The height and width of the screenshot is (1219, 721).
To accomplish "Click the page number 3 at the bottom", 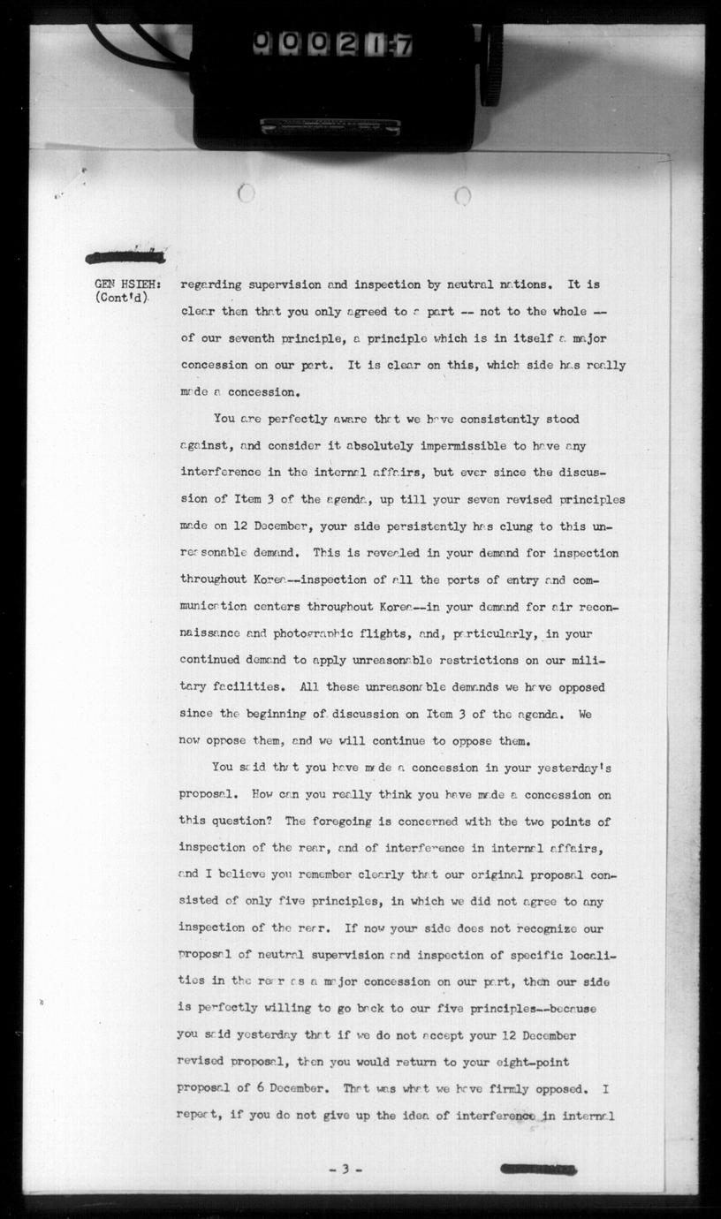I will click(345, 1170).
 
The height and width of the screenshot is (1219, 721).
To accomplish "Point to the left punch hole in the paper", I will click(247, 192).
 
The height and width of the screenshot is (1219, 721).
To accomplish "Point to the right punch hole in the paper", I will click(462, 195).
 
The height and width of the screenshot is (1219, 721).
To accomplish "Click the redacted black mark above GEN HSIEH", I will click(125, 257).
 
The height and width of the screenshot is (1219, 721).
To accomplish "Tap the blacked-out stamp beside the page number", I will click(538, 1169).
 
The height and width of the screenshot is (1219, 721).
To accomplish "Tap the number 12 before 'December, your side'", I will click(240, 526).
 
